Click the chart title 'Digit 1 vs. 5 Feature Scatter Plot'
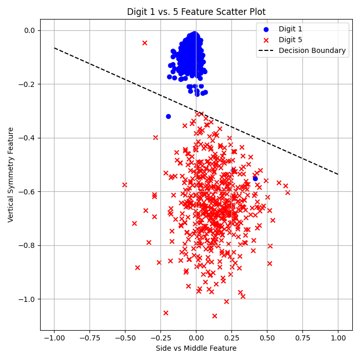tap(196, 12)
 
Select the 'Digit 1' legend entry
tap(290, 29)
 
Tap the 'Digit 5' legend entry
tap(290, 40)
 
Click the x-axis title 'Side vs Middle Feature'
tap(196, 348)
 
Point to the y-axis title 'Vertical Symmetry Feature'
tap(11, 174)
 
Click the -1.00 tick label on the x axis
tap(54, 338)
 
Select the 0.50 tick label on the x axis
tap(267, 338)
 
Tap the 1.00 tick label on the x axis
tap(338, 338)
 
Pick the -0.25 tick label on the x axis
tap(160, 338)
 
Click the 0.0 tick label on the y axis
tap(29, 30)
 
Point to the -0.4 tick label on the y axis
tap(27, 138)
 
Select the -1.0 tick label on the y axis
tap(27, 299)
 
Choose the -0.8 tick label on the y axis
tap(27, 245)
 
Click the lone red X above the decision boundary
tap(145, 43)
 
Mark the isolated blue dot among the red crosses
tap(255, 178)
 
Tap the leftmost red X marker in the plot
tap(124, 185)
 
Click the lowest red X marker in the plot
tap(214, 316)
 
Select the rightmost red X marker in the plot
tap(287, 192)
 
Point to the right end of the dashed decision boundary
tap(338, 174)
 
